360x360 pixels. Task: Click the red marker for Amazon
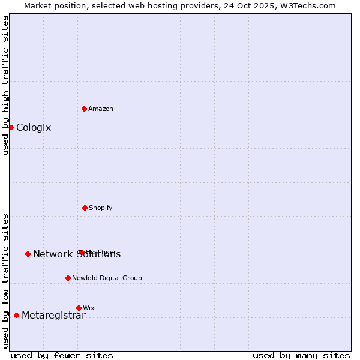point(84,109)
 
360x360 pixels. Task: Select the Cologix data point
point(11,127)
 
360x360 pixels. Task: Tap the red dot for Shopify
point(85,208)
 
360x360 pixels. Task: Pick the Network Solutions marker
point(28,254)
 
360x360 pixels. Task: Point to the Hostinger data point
point(82,252)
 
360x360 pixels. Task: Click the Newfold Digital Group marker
point(68,278)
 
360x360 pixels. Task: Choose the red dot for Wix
point(79,308)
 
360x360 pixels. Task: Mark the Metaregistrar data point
point(16,315)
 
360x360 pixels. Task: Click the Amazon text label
point(100,109)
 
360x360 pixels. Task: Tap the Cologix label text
point(34,127)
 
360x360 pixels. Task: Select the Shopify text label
point(100,208)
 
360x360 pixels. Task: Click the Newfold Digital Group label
point(107,278)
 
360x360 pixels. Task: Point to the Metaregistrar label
point(53,316)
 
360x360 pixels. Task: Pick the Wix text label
point(88,308)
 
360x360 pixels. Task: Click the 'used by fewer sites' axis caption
point(62,355)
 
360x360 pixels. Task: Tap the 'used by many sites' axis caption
point(301,355)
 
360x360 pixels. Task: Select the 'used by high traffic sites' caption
point(5,85)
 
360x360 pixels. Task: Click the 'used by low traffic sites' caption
point(5,280)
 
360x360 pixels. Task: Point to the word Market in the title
point(39,5)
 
